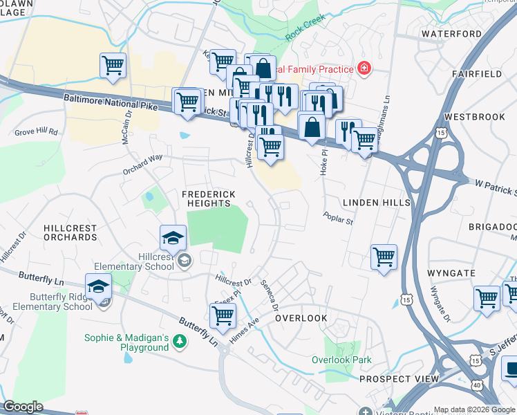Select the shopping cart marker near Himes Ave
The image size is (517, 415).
click(223, 315)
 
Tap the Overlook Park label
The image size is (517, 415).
click(341, 360)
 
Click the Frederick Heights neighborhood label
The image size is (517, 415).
click(209, 199)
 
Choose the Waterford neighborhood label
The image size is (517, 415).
click(451, 33)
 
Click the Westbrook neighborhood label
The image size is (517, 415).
click(475, 117)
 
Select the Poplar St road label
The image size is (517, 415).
click(338, 219)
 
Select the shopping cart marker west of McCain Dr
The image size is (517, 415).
click(113, 66)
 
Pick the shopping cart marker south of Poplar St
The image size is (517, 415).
click(384, 257)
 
